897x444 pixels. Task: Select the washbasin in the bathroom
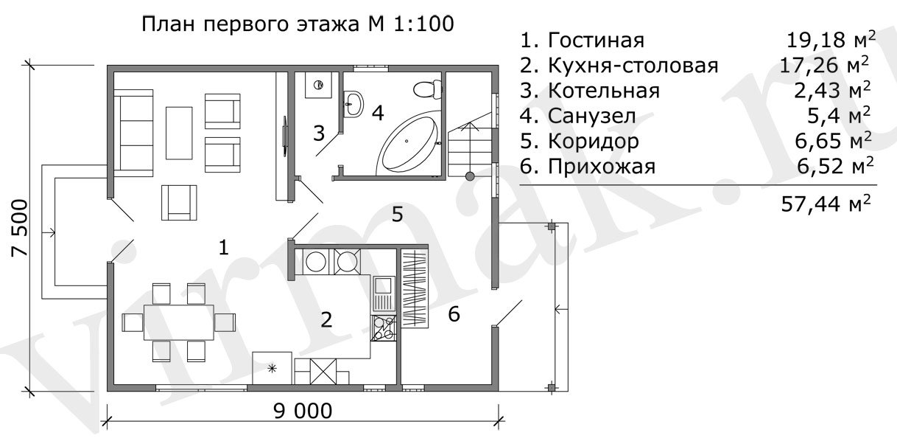pos(353,104)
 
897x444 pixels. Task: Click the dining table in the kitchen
pos(179,322)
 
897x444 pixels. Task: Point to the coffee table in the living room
pos(179,133)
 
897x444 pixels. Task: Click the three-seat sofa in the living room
pos(133,133)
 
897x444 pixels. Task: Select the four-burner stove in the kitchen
pos(384,328)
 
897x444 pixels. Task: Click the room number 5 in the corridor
pos(397,215)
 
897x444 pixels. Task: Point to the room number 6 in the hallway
pos(454,314)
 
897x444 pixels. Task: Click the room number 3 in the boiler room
pos(319,133)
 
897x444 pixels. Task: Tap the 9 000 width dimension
pos(303,411)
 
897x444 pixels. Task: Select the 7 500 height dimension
pos(20,228)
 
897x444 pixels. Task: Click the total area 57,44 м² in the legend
pos(826,204)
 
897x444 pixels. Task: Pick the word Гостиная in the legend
pos(596,40)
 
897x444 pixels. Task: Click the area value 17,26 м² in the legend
pos(825,66)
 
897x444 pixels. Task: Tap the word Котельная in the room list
pos(603,91)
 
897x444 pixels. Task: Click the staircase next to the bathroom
pos(470,149)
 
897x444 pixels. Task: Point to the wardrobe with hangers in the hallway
pos(415,288)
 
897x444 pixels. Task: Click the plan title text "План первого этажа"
pos(250,24)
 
